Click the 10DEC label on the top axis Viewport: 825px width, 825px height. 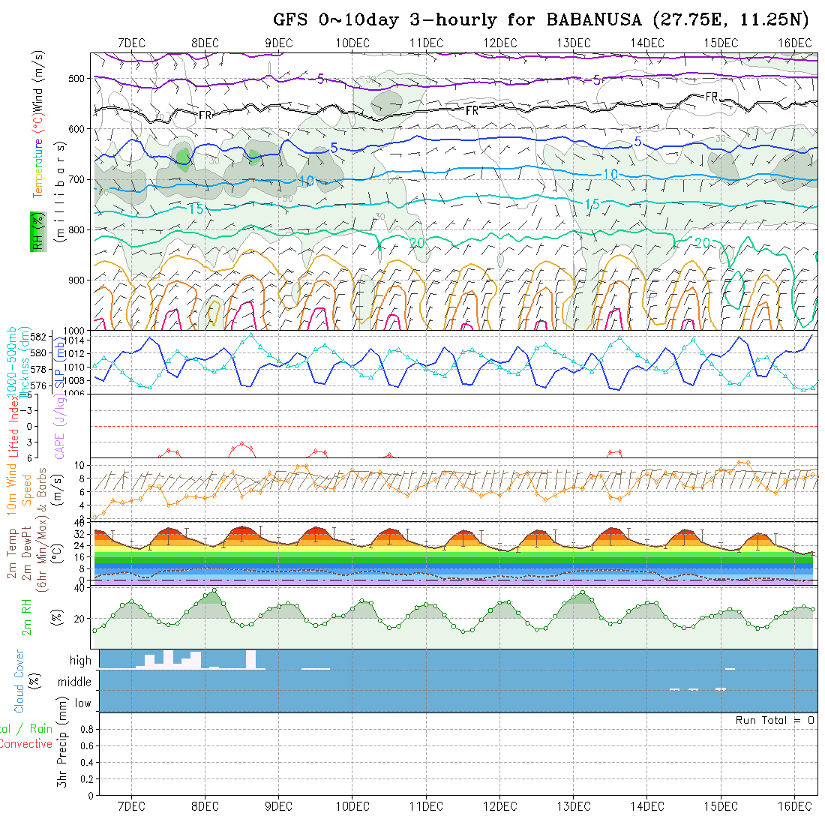tap(352, 43)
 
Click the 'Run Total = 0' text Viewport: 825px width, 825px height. tap(775, 720)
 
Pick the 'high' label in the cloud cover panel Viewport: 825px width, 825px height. tap(80, 661)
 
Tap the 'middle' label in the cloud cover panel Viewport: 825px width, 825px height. tap(75, 682)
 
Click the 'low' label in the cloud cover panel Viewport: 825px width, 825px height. tap(82, 703)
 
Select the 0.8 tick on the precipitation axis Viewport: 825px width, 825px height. tap(85, 729)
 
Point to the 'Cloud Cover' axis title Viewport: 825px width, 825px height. tap(19, 681)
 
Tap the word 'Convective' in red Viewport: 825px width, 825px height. tap(26, 744)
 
